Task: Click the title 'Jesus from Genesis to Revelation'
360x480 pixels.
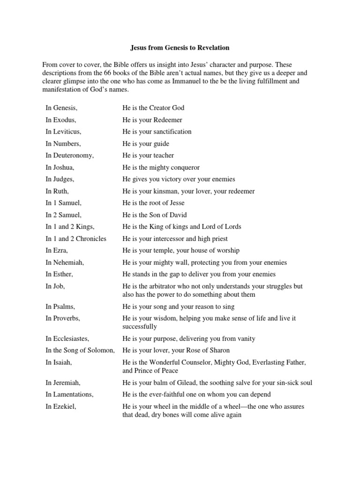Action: (x=180, y=48)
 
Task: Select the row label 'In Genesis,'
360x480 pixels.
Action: (x=61, y=108)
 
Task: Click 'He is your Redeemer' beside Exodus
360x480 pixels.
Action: (x=152, y=120)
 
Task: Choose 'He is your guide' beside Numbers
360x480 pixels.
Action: (x=146, y=143)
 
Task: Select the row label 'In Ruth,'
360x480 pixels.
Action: (x=57, y=191)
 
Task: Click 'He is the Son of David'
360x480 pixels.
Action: (x=154, y=215)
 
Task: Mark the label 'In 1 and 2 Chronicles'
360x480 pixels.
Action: (x=76, y=239)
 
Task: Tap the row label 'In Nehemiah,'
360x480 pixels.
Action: (x=65, y=262)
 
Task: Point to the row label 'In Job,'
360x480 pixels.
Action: (x=55, y=286)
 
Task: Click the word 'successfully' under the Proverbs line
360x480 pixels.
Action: (x=140, y=326)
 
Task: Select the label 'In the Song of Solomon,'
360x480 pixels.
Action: (x=80, y=350)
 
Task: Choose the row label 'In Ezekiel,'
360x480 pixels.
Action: (x=60, y=406)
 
